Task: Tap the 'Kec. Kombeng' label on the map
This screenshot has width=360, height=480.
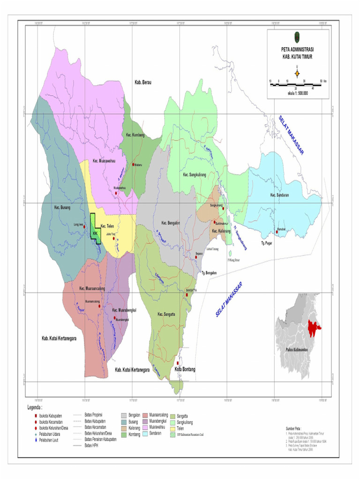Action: point(135,135)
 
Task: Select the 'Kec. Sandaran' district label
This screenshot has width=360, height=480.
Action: point(280,195)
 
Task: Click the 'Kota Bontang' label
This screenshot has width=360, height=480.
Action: point(185,370)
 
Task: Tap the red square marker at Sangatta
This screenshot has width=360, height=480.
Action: point(187,295)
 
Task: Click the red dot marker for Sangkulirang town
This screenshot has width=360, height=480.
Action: point(223,208)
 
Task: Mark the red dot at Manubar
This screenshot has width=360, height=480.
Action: point(277,231)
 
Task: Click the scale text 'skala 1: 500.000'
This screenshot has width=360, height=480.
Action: point(294,93)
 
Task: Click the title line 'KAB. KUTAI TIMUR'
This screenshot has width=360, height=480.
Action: point(295,56)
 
